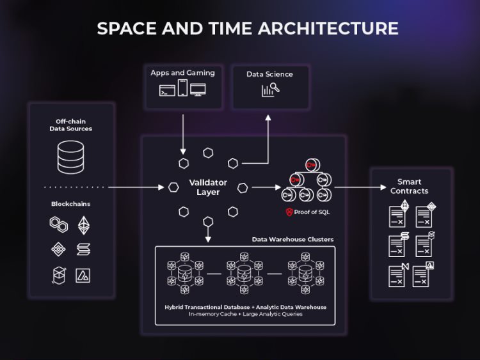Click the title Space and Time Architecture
(x=248, y=28)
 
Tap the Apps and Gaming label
(x=182, y=73)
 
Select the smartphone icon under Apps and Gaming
(x=182, y=88)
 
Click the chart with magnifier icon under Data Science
(x=270, y=90)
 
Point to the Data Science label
(x=269, y=74)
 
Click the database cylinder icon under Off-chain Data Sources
(x=70, y=157)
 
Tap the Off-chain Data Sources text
(x=70, y=125)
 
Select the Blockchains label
(x=70, y=204)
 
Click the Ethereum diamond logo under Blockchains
(x=84, y=225)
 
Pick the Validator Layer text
(x=208, y=187)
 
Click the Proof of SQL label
(x=312, y=212)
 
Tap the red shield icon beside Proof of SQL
(x=289, y=212)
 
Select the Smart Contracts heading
(x=409, y=186)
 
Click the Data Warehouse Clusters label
(x=292, y=240)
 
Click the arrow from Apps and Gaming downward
(x=183, y=134)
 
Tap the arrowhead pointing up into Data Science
(x=269, y=119)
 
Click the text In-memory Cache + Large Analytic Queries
(x=245, y=314)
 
